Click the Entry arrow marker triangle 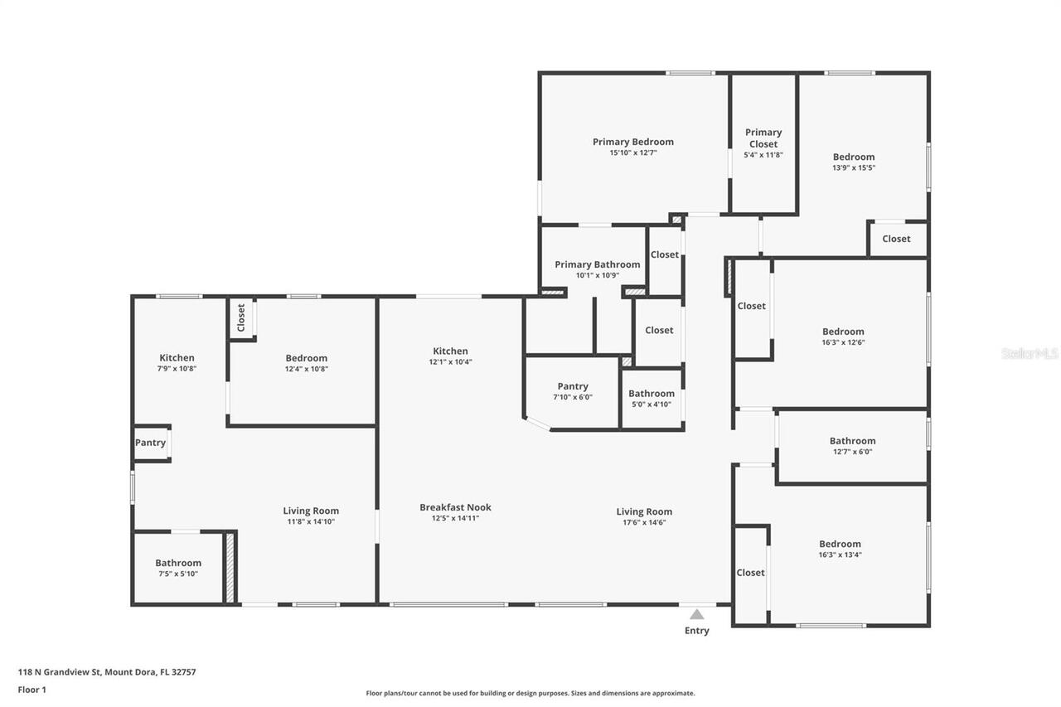click(x=697, y=614)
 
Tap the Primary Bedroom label click(x=632, y=142)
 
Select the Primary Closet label click(x=763, y=138)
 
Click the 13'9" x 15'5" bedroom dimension click(x=854, y=167)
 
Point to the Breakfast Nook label click(x=455, y=507)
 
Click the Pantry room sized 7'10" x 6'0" click(x=572, y=386)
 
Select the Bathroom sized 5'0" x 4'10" click(x=651, y=394)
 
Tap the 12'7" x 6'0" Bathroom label click(x=852, y=441)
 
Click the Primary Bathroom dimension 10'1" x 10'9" click(x=597, y=275)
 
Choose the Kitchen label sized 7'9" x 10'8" click(x=177, y=358)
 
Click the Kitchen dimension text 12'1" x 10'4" click(x=450, y=362)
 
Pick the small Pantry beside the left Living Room click(x=150, y=443)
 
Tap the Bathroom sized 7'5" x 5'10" click(x=178, y=563)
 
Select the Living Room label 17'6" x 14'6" click(x=644, y=511)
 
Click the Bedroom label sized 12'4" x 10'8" click(x=306, y=358)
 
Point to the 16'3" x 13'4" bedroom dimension click(x=840, y=555)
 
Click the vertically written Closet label click(x=241, y=317)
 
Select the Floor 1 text click(x=32, y=689)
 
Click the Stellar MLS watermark click(x=1029, y=353)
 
